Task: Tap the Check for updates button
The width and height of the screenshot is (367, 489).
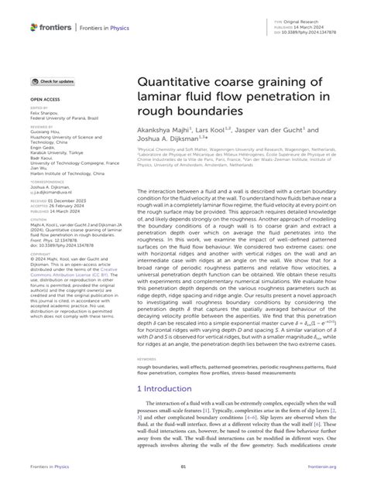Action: (53, 81)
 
